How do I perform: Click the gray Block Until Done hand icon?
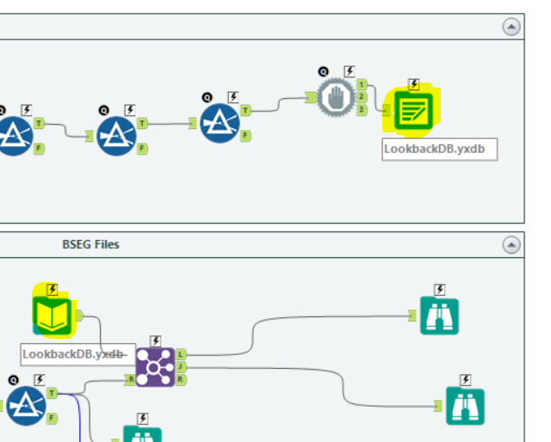tap(335, 97)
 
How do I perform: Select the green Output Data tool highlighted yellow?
tap(412, 111)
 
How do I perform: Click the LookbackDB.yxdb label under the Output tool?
tap(439, 148)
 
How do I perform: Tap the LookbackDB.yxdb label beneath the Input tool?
tap(76, 353)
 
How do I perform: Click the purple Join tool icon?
tap(155, 367)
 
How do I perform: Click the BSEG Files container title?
tap(90, 244)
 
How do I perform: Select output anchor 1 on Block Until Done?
tap(362, 84)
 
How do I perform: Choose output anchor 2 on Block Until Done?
tap(362, 97)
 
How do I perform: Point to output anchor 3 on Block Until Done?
tap(362, 109)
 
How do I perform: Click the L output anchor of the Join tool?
tap(181, 354)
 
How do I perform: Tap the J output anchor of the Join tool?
tap(181, 367)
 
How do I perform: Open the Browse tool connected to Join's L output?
tap(439, 316)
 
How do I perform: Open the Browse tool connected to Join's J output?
tap(465, 406)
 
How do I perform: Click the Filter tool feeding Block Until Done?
tap(220, 123)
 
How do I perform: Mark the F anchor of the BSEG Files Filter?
tap(52, 418)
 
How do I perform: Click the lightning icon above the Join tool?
tap(155, 341)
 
